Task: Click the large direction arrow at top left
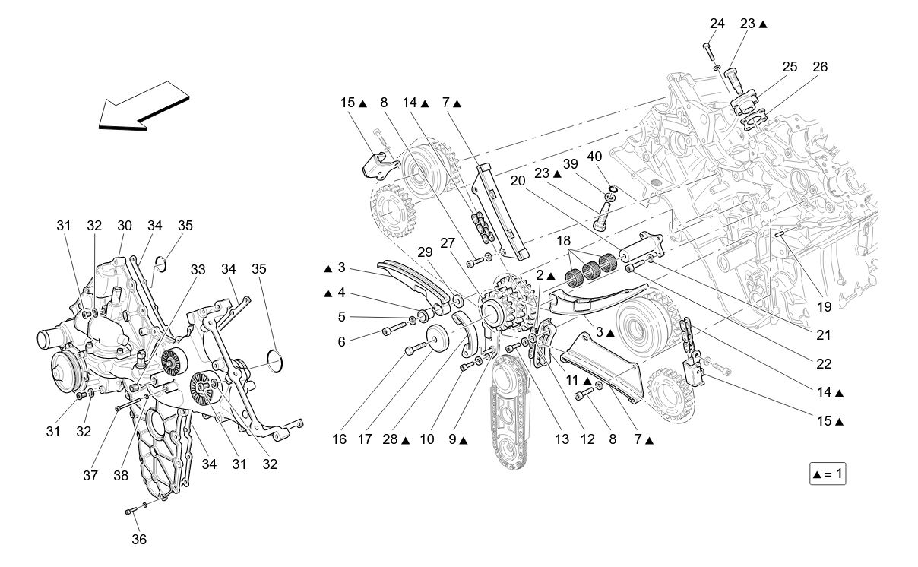(x=144, y=111)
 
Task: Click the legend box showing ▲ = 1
(x=828, y=474)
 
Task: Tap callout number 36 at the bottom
(x=139, y=540)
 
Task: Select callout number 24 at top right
(x=717, y=24)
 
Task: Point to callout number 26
(x=819, y=67)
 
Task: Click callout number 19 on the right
(x=825, y=307)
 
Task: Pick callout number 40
(x=595, y=157)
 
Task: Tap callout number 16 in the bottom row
(x=339, y=439)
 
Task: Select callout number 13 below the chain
(x=562, y=439)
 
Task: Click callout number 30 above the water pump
(x=124, y=225)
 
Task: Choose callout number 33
(x=198, y=269)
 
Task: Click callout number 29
(x=424, y=252)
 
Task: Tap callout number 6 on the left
(x=342, y=342)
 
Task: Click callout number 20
(x=518, y=181)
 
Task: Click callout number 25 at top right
(x=789, y=67)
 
